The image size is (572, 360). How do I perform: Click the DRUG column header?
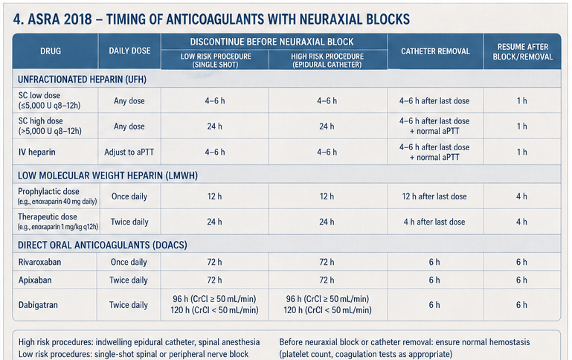[51, 51]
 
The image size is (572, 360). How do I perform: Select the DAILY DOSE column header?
[129, 51]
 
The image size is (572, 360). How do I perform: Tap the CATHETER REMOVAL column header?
[435, 51]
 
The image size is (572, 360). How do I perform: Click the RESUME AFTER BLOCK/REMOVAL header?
[522, 52]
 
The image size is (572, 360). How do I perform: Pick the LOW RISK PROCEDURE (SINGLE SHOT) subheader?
[216, 60]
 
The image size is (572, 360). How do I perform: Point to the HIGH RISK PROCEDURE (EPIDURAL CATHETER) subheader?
[327, 60]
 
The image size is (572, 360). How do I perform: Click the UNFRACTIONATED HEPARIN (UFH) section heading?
[82, 80]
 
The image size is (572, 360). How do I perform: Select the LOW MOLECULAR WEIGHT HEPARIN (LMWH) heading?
[108, 176]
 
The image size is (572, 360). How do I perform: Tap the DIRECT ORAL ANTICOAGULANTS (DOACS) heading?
[103, 245]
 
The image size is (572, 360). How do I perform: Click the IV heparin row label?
[37, 152]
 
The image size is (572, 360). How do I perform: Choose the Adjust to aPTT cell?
[129, 152]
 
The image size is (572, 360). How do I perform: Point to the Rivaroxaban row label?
[39, 262]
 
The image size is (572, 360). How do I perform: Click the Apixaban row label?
[35, 280]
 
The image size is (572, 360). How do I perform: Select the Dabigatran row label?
[38, 305]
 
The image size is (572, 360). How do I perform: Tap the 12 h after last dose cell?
[434, 196]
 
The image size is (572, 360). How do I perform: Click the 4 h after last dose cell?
[434, 222]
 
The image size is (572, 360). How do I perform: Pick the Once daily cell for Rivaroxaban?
[129, 262]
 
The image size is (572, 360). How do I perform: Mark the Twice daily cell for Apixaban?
[129, 280]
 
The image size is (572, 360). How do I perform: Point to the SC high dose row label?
[50, 126]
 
